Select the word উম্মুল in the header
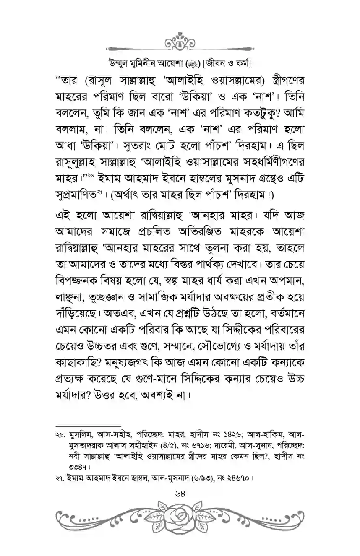click(119, 64)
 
